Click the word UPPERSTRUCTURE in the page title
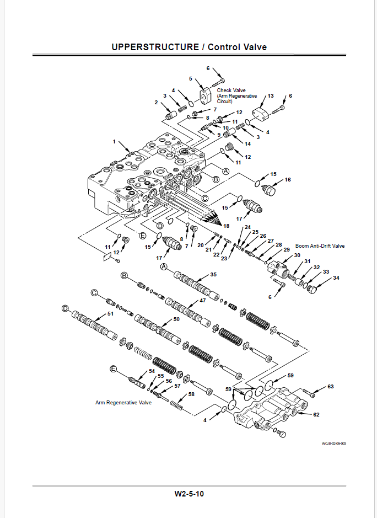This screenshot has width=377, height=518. coord(154,47)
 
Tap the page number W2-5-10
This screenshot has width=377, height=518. coord(189,494)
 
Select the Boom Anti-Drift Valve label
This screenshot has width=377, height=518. coord(320,245)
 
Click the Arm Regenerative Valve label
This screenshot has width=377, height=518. coord(123,403)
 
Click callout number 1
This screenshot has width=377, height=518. coord(115,142)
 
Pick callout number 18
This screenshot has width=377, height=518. coord(225,226)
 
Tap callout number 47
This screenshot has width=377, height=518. coord(202,301)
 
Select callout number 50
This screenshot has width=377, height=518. coord(176,319)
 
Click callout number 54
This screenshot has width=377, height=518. coord(152,371)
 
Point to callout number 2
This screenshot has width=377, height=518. coord(156,103)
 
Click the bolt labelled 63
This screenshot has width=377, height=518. coord(313,394)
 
